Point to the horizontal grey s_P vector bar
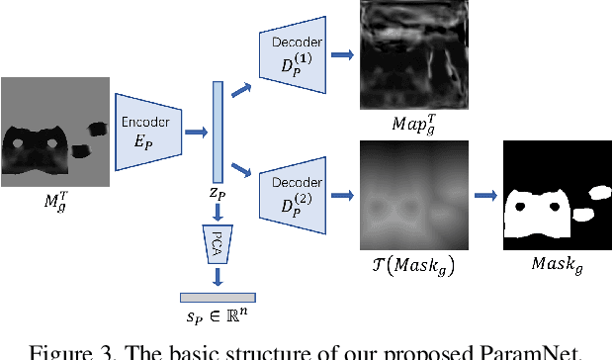[218, 297]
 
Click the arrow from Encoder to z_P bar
[194, 130]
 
